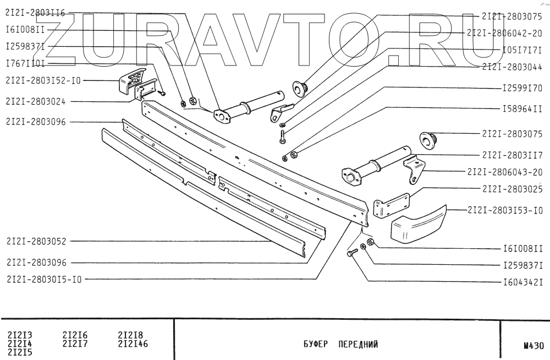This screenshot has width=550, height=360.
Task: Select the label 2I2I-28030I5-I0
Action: coord(44,279)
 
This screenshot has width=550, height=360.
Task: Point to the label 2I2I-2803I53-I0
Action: coord(505,209)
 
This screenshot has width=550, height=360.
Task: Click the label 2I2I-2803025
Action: coord(512,189)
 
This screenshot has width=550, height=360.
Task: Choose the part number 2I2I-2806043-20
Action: coord(505,171)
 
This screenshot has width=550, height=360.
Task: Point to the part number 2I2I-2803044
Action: coord(512,68)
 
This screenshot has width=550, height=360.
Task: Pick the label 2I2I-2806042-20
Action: coord(505,33)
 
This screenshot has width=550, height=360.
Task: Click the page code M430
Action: coord(533,346)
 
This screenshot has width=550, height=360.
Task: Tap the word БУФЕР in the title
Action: coord(316,346)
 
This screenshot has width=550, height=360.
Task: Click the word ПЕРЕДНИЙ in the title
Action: coord(358,346)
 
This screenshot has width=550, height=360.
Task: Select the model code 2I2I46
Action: coord(134,345)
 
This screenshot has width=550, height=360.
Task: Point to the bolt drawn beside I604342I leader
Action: coord(352,252)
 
